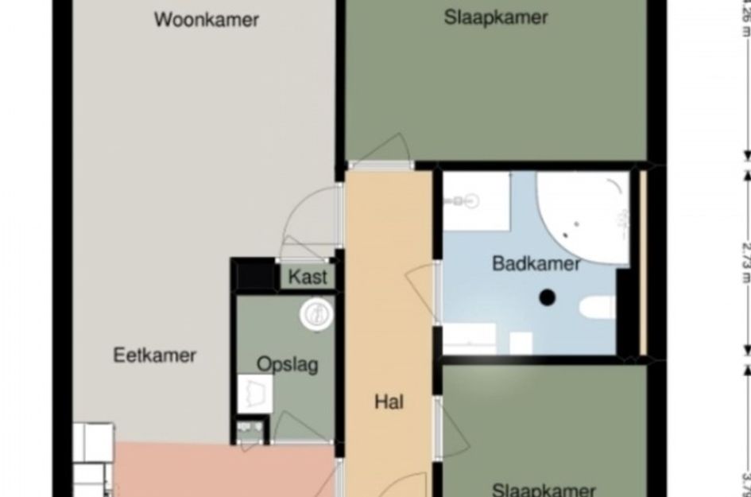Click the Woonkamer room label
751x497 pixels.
point(206,20)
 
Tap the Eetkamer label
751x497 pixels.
point(154,355)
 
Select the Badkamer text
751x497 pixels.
point(536,263)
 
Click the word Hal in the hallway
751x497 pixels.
point(389,402)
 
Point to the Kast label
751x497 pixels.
point(307,278)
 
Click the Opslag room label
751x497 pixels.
point(287,364)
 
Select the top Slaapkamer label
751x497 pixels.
point(496,17)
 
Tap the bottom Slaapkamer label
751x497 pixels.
point(544,489)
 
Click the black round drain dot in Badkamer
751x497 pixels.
point(547,298)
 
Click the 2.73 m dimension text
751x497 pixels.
point(745,258)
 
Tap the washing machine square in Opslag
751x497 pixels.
point(254,394)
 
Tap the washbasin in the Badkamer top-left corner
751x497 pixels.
point(470,202)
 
